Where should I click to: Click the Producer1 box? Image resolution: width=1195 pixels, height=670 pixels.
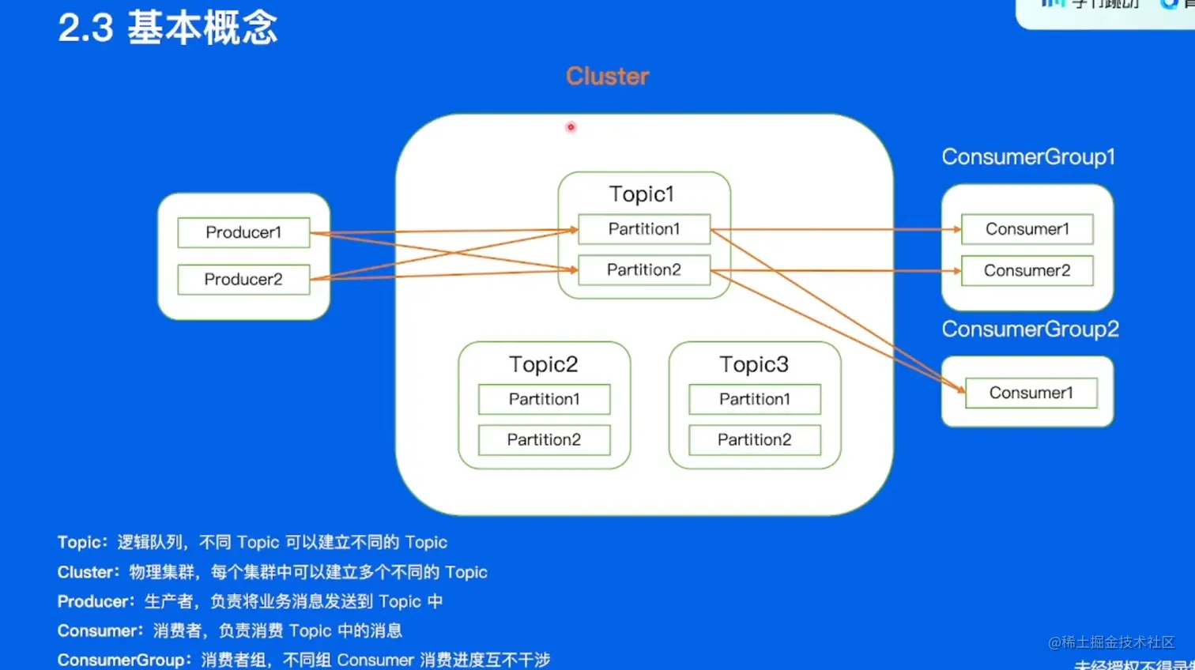pyautogui.click(x=243, y=232)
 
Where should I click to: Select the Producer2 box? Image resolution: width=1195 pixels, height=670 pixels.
pyautogui.click(x=243, y=280)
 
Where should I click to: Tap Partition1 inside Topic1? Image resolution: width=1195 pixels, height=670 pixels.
pyautogui.click(x=644, y=229)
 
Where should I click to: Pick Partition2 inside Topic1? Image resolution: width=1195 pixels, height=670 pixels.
pyautogui.click(x=644, y=270)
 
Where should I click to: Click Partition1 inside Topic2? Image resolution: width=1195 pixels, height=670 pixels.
pyautogui.click(x=544, y=399)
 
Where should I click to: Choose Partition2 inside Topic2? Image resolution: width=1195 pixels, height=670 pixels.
pyautogui.click(x=544, y=440)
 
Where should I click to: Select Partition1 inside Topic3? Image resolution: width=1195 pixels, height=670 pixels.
pyautogui.click(x=754, y=399)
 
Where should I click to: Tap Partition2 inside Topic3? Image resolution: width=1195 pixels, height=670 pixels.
pyautogui.click(x=754, y=440)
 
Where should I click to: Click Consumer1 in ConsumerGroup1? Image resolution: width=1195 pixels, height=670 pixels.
pyautogui.click(x=1027, y=229)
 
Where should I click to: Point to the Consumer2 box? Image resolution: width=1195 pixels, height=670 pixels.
pyautogui.click(x=1027, y=271)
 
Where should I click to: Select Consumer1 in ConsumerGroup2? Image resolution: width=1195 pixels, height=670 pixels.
pyautogui.click(x=1031, y=393)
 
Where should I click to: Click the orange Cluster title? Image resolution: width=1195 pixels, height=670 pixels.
pyautogui.click(x=607, y=76)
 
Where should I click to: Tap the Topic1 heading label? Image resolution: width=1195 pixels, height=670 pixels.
pyautogui.click(x=641, y=194)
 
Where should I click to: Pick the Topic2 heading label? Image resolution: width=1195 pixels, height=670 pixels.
pyautogui.click(x=544, y=364)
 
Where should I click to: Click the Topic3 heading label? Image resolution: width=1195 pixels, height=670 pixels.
pyautogui.click(x=754, y=364)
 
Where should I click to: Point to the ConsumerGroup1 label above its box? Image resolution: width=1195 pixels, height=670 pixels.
pyautogui.click(x=1027, y=156)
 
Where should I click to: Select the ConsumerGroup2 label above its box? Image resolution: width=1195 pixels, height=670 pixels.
pyautogui.click(x=1030, y=329)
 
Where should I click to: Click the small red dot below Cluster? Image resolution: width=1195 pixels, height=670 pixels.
pyautogui.click(x=571, y=127)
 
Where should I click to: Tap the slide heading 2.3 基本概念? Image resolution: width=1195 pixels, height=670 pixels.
pyautogui.click(x=168, y=28)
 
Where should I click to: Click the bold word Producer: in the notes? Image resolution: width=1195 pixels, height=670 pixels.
pyautogui.click(x=96, y=601)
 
